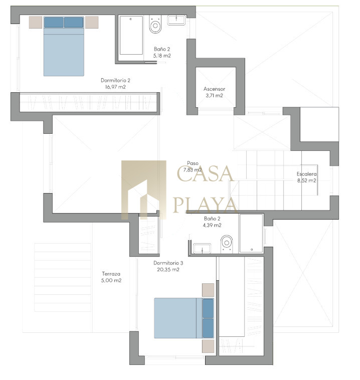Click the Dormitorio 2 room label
pos(115,80)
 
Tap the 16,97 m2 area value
pos(115,87)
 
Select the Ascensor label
pos(214,89)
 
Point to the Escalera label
pos(307,174)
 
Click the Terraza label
pos(111,274)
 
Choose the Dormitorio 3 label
pos(168,263)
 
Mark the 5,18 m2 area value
pos(162,56)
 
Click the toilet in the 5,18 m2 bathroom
pos(155,24)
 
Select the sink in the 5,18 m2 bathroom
pos(176,20)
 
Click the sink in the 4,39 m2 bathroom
pos(202,249)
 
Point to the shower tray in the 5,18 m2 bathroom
pos(131,36)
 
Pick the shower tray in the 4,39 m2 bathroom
pos(251,234)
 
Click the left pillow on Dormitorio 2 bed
pos(54,22)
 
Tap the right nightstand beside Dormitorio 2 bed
pos(92,22)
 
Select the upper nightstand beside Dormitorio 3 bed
pos(208,290)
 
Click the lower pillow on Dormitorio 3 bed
pos(208,328)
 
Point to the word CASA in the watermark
pos(205,173)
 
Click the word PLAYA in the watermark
pos(205,205)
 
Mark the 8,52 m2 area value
pos(307,180)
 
